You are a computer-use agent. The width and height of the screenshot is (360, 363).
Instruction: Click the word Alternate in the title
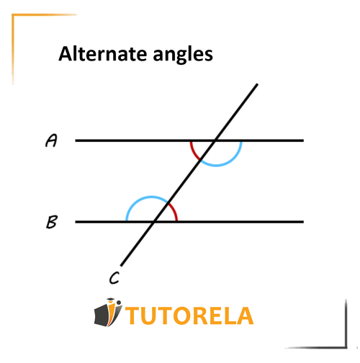[x=103, y=54]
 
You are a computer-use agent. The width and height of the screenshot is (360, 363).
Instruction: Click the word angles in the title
[x=183, y=55]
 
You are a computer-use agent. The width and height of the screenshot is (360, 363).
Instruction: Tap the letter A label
[x=51, y=140]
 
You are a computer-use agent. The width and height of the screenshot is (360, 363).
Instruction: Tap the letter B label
[x=52, y=222]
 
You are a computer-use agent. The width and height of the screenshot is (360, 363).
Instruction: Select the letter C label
[x=114, y=278]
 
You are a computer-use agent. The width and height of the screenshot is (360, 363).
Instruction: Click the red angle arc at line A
[x=193, y=152]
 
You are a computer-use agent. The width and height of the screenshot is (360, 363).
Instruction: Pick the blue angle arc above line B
[x=142, y=198]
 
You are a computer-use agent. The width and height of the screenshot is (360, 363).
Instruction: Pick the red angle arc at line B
[x=175, y=211]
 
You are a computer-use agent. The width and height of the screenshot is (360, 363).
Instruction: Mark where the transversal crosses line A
[x=215, y=140]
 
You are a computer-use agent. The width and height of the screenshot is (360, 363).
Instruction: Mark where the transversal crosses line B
[x=154, y=222]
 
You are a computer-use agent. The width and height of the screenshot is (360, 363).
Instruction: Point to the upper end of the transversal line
[x=258, y=84]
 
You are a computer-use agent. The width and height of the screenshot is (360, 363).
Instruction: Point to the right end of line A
[x=304, y=140]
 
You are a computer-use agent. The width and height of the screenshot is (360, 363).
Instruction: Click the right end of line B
[x=304, y=222]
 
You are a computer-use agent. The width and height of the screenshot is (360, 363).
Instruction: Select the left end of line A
[x=76, y=140]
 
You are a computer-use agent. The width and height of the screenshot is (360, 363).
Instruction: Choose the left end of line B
[x=76, y=222]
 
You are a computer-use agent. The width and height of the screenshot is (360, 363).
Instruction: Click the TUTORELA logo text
[x=189, y=315]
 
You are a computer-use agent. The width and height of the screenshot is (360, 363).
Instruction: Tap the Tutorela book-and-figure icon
[x=108, y=312]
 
